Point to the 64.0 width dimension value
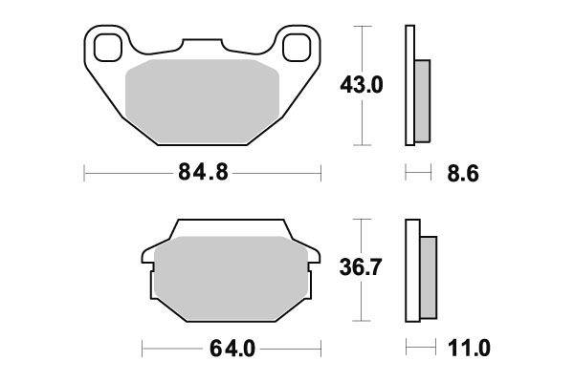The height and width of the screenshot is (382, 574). click(231, 349)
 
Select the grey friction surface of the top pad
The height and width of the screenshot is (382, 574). click(202, 100)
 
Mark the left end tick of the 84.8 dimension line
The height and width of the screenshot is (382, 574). click(85, 175)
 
